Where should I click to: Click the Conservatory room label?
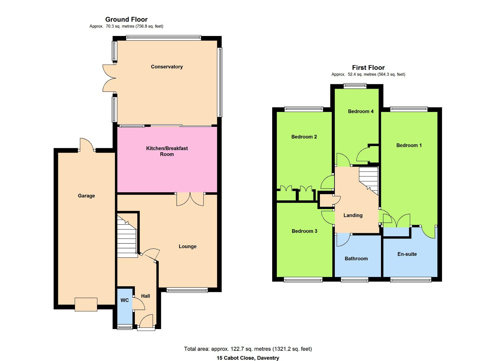167,67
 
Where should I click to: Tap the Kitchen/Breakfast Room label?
167,151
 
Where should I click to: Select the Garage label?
86,196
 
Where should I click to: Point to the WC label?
124,300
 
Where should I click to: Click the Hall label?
145,296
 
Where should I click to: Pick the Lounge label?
188,247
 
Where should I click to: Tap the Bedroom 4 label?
361,111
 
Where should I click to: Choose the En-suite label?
407,254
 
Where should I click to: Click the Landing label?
353,215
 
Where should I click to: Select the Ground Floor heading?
126,20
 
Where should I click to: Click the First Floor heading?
368,68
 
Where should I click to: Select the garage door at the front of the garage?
86,305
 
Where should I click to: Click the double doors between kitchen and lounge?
190,199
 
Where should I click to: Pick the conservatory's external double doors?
109,78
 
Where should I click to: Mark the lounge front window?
187,290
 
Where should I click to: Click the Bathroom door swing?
343,240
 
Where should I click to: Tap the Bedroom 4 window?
355,86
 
